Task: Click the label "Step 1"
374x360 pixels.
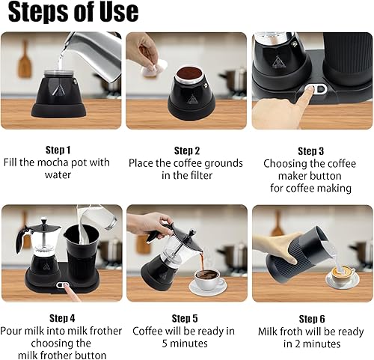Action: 58,150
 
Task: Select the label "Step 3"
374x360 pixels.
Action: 311,150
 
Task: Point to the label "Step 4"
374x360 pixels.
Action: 61,318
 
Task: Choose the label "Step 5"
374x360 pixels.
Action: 184,318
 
